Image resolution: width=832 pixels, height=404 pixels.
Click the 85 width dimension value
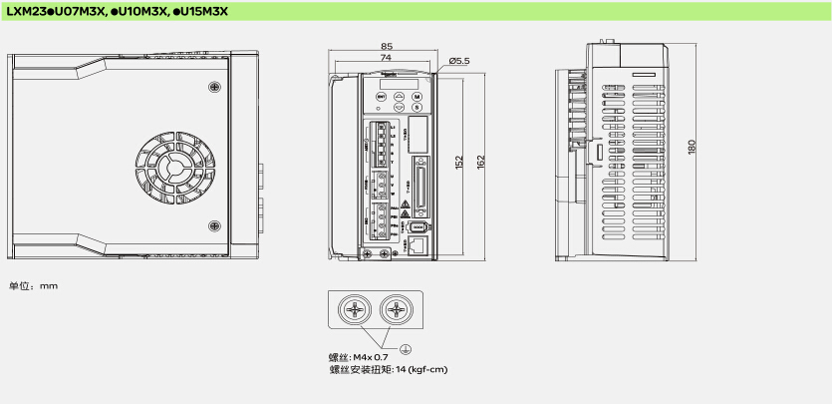click(386, 47)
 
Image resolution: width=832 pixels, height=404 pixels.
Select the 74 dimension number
click(386, 58)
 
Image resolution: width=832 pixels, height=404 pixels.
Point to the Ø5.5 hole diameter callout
click(458, 61)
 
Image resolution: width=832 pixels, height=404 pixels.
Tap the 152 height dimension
click(459, 161)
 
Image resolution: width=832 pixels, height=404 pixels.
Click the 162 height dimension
click(481, 161)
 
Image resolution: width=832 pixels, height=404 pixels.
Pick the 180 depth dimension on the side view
click(692, 148)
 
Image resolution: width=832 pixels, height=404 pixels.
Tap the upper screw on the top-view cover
click(214, 91)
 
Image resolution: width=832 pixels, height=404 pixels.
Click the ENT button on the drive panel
click(381, 95)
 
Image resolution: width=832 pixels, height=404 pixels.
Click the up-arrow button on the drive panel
click(399, 95)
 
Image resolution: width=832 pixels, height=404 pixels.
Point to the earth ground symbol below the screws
click(407, 348)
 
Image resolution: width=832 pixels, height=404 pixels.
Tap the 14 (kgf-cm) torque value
click(423, 369)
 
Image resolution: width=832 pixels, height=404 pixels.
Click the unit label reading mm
click(49, 286)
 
